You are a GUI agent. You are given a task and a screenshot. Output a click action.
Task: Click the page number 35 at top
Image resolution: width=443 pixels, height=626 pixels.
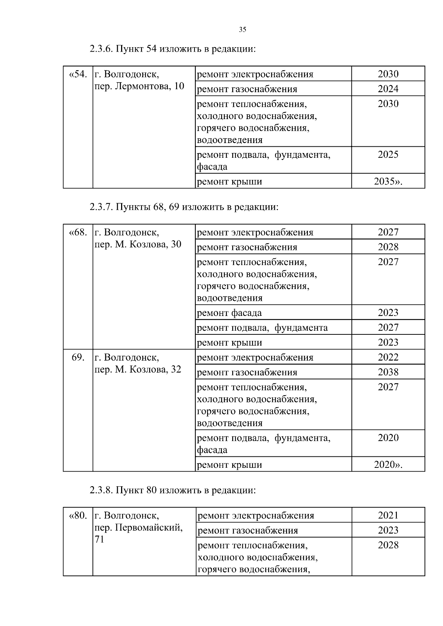click(x=242, y=30)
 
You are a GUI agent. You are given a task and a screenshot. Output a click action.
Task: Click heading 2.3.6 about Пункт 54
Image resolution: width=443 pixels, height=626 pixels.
click(x=172, y=49)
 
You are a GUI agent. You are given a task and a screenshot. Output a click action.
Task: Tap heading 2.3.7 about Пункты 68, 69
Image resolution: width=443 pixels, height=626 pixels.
click(x=184, y=207)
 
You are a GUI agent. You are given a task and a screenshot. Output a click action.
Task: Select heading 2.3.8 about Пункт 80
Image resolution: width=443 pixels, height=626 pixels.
click(x=172, y=490)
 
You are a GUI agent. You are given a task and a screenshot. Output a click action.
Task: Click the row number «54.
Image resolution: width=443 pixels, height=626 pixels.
click(x=78, y=74)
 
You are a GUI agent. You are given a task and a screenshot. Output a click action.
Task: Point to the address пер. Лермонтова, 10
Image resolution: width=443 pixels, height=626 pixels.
click(x=139, y=87)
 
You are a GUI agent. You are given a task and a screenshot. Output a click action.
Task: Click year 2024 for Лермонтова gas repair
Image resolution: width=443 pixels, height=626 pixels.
click(x=388, y=89)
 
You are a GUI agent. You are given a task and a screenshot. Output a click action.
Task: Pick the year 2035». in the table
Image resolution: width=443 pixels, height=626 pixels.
click(x=388, y=181)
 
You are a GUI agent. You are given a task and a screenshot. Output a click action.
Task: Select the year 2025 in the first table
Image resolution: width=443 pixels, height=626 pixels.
click(x=388, y=154)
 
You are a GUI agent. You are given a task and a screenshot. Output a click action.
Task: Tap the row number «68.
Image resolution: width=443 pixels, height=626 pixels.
click(x=78, y=233)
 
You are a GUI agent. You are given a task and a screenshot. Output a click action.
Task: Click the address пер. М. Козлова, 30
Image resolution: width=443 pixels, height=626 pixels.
click(x=138, y=244)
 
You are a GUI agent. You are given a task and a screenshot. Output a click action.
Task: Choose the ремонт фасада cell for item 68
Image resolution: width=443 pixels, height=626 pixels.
click(x=229, y=313)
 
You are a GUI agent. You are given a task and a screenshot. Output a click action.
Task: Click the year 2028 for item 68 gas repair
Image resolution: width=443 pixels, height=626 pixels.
click(x=388, y=247)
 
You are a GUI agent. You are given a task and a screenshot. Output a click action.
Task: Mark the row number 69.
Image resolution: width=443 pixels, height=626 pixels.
click(x=78, y=357)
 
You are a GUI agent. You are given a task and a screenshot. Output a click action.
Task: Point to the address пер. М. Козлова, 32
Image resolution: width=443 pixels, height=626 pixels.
click(x=138, y=369)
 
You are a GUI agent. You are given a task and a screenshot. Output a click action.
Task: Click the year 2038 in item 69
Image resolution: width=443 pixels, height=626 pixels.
click(x=388, y=372)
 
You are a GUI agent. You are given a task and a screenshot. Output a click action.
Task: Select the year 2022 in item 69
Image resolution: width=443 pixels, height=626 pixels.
click(x=388, y=357)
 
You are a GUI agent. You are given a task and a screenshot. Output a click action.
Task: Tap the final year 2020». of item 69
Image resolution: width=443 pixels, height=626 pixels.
click(x=388, y=465)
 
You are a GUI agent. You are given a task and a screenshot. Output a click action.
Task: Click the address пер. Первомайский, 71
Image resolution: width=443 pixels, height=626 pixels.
click(x=138, y=528)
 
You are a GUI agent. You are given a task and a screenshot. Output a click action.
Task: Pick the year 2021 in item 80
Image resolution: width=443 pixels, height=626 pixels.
click(x=388, y=515)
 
